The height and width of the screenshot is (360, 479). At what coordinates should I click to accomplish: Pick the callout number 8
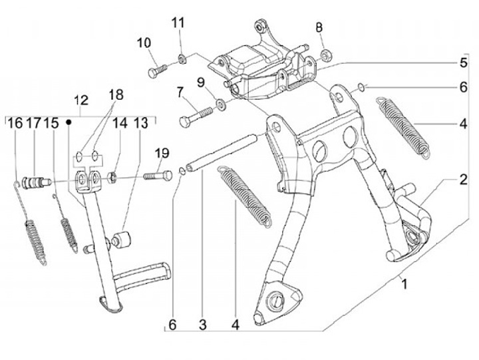click(x=319, y=27)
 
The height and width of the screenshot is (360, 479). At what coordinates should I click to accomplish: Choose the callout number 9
click(x=199, y=82)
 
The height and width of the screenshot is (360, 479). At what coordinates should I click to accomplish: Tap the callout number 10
click(x=144, y=43)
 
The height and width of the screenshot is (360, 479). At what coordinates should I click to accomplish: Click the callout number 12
click(x=80, y=100)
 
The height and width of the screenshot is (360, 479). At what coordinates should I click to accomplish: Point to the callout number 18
click(x=116, y=94)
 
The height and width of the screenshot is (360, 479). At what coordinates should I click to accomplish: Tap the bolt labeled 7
click(x=192, y=118)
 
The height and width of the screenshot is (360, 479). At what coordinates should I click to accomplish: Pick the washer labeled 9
click(x=219, y=104)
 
